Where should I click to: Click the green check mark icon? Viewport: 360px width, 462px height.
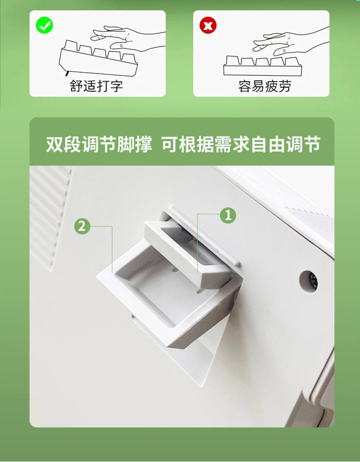click(44, 25)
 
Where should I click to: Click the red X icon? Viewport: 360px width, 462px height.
click(208, 25)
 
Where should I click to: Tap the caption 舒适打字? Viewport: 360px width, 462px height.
click(96, 86)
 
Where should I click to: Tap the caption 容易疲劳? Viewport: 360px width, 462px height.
click(265, 86)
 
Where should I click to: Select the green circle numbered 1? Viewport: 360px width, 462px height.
click(228, 215)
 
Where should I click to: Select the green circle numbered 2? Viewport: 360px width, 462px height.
click(82, 226)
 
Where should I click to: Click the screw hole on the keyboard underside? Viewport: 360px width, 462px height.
click(309, 282)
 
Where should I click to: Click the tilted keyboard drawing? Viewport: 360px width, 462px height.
click(98, 57)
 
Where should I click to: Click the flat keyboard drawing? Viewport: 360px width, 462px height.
click(262, 66)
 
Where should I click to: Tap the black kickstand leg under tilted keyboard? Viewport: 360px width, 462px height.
click(67, 73)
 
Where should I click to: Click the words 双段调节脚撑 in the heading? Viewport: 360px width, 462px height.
click(99, 144)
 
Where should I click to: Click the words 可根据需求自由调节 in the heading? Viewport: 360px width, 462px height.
click(241, 144)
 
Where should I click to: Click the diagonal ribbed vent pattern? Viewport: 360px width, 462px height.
click(50, 217)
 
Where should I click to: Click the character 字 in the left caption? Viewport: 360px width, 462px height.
click(116, 86)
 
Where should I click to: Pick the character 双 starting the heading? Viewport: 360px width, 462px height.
click(54, 144)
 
